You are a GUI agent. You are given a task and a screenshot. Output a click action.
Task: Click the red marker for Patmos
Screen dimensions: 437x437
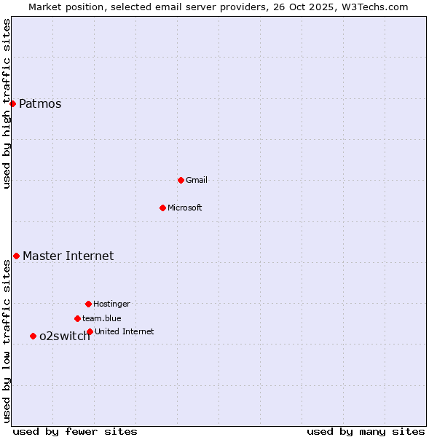pos(12,103)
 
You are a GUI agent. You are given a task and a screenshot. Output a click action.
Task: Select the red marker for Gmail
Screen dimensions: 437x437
pos(181,180)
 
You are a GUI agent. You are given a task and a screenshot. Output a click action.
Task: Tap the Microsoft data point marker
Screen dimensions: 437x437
pos(162,208)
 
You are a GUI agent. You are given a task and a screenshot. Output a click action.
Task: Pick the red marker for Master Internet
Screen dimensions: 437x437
pos(16,256)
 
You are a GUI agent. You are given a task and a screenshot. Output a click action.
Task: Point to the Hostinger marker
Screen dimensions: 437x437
pos(88,304)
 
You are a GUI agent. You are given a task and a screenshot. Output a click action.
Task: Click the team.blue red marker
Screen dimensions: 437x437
pos(77,318)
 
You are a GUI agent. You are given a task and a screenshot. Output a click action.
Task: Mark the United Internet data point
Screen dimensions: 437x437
pos(90,331)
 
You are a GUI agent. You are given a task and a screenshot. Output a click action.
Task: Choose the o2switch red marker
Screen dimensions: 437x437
pos(33,336)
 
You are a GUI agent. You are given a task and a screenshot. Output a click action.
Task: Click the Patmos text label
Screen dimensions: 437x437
pos(40,103)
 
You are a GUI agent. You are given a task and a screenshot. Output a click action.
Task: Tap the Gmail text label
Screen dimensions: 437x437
pos(197,180)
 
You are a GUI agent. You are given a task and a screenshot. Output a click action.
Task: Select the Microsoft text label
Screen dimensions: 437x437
pos(185,208)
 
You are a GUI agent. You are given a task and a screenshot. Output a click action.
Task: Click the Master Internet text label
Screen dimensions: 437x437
pos(68,256)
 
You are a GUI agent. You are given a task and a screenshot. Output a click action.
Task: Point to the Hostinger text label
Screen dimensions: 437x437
pos(111,304)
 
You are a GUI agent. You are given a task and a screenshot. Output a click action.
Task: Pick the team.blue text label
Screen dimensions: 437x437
pos(102,318)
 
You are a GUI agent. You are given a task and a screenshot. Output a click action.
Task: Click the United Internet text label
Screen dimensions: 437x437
pos(125,331)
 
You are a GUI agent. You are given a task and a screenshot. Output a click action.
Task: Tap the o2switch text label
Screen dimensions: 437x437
pos(65,336)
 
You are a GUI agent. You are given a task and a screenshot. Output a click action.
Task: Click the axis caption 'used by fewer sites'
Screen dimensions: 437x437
pos(75,431)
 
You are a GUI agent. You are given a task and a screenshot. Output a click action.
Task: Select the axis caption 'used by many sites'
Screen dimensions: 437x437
pos(366,431)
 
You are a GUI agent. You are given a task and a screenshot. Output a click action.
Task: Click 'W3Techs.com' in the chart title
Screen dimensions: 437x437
pos(377,7)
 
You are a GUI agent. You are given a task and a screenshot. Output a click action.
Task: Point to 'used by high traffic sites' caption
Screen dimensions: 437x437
pos(7,103)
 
